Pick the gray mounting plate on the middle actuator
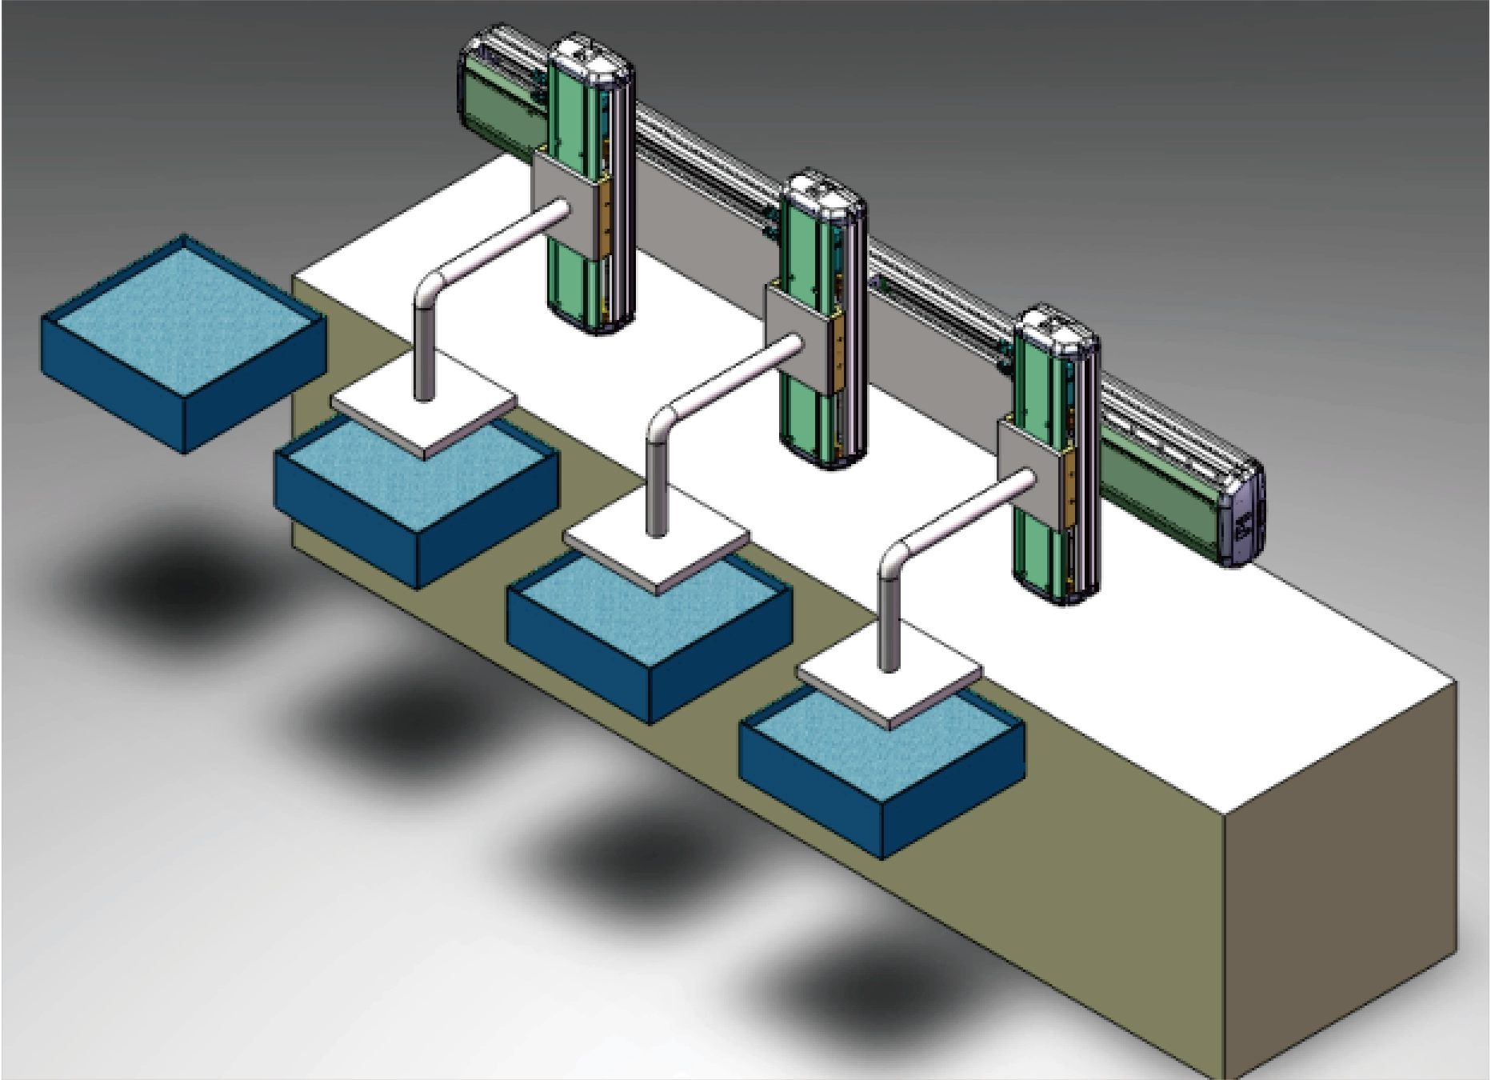[800, 340]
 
